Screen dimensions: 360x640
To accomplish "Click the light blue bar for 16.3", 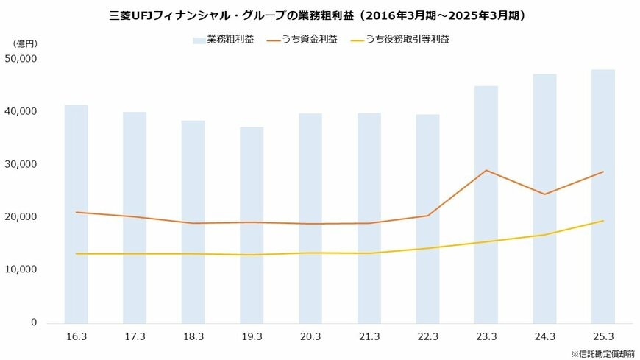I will click(76, 213).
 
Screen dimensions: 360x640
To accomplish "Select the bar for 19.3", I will click(252, 225).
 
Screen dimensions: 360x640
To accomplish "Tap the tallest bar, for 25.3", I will click(603, 196).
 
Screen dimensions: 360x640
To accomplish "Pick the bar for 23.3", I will click(486, 204).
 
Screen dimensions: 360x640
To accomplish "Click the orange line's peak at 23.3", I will click(486, 170).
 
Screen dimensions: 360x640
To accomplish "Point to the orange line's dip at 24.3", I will click(545, 194).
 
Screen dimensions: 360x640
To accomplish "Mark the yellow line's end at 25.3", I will click(603, 221).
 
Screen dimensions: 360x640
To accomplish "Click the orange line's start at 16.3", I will click(76, 212).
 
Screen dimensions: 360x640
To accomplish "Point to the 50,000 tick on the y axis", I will click(21, 59).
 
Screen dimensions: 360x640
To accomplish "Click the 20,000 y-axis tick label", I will click(21, 217).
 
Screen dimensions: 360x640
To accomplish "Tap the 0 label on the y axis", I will click(34, 322).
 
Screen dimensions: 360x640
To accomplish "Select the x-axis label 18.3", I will click(193, 336).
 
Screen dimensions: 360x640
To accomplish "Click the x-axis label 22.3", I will click(427, 336).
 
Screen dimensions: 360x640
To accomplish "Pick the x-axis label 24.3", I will click(545, 336).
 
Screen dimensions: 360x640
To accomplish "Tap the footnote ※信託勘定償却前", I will click(602, 353).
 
